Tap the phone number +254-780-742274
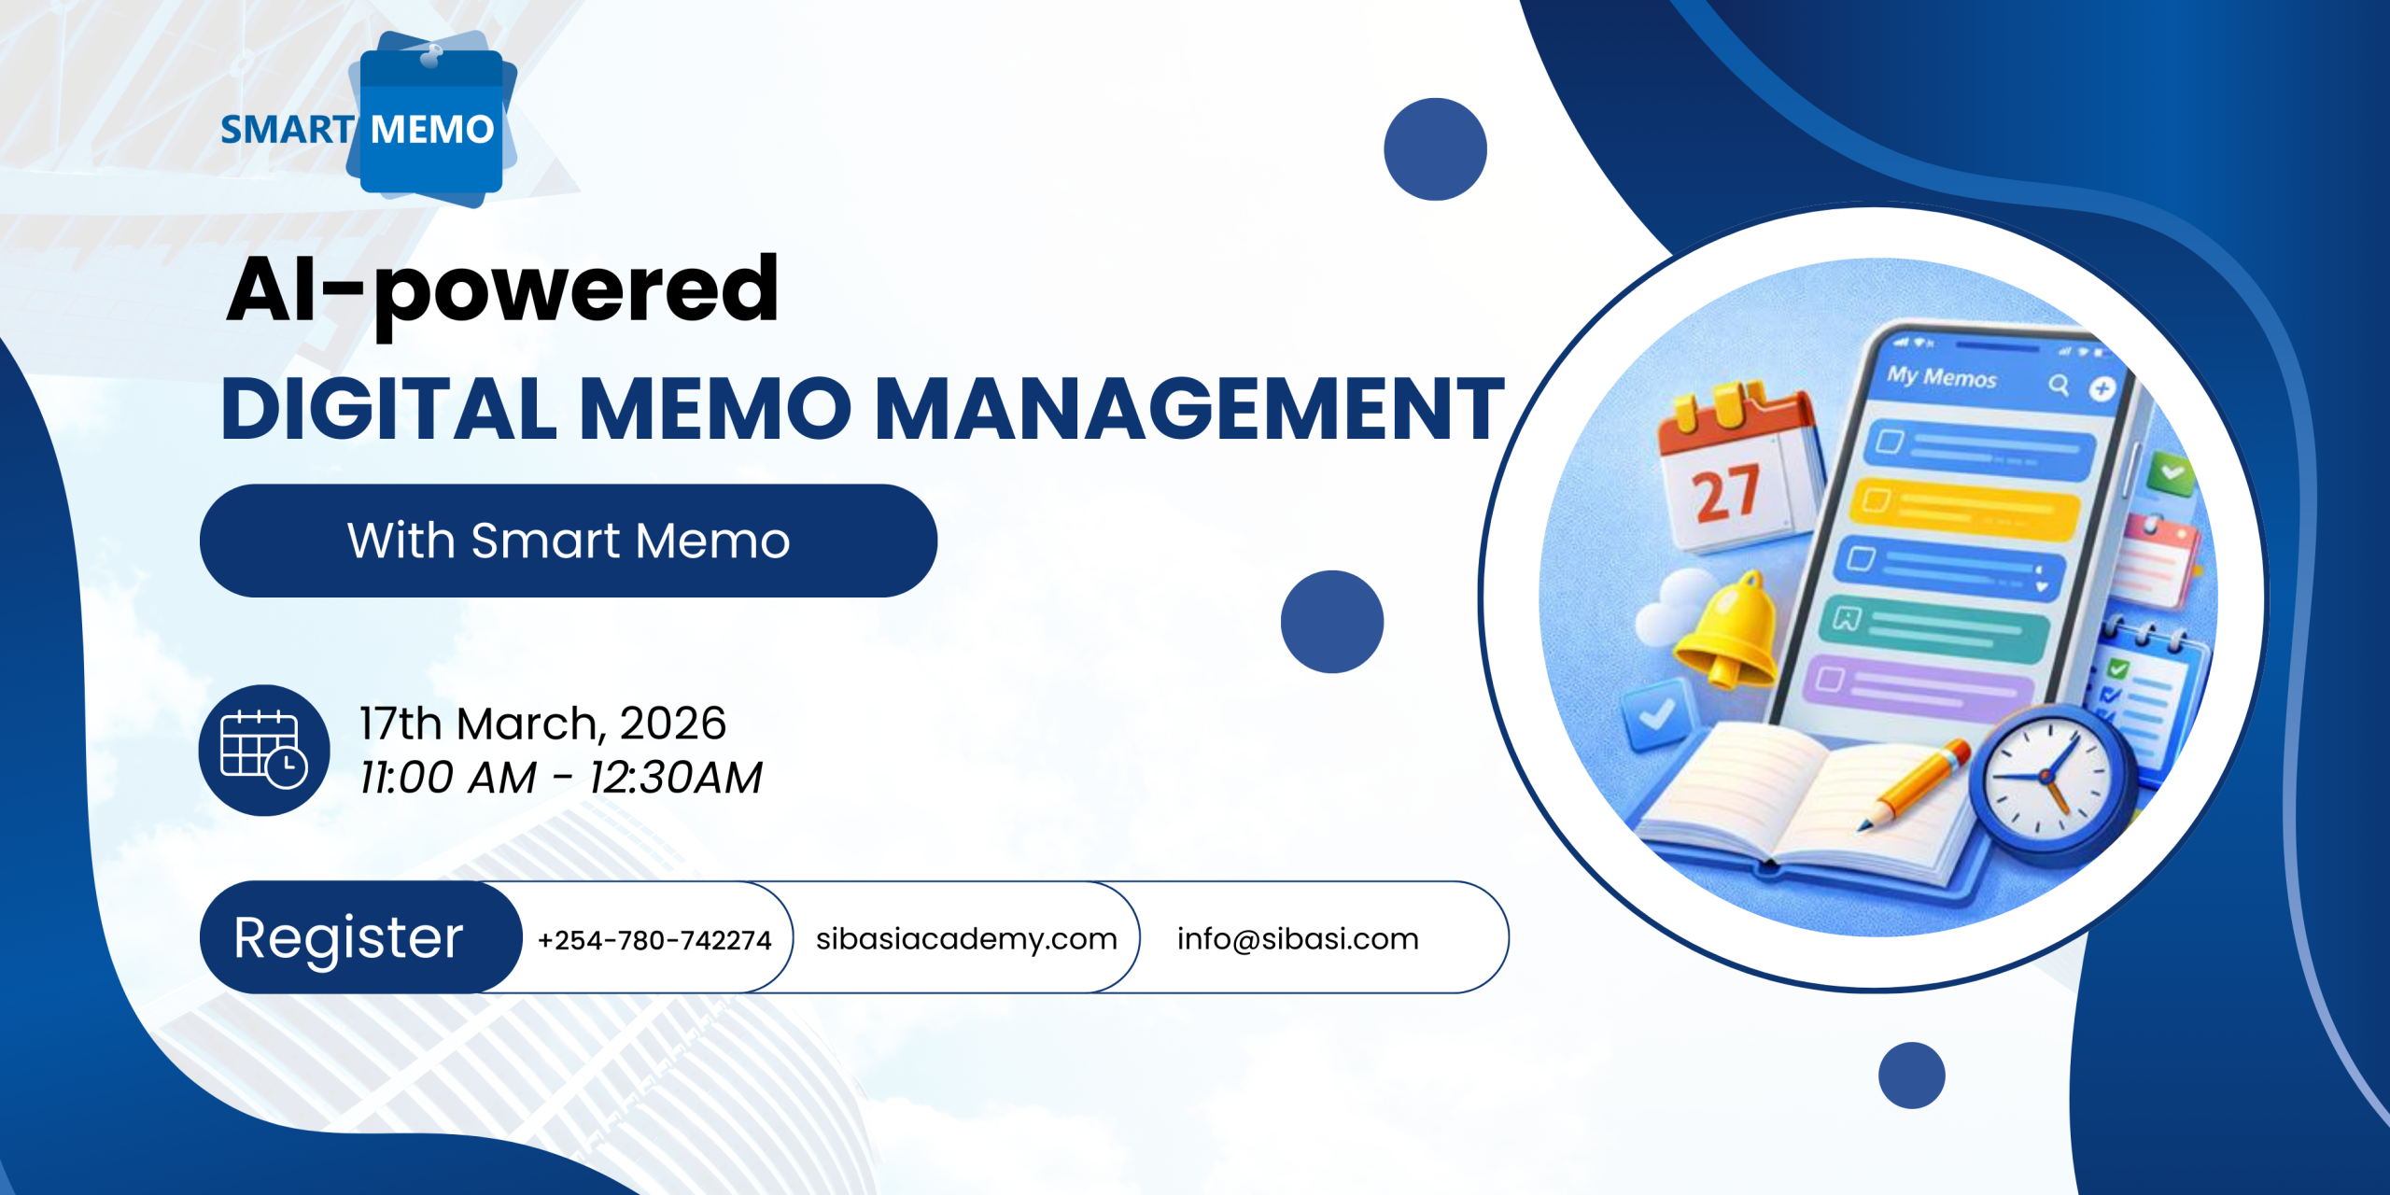pyautogui.click(x=654, y=939)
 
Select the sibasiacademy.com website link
pyautogui.click(x=966, y=939)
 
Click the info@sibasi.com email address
pyautogui.click(x=1298, y=938)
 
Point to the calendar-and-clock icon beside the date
pyautogui.click(x=264, y=750)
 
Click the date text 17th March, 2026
pyautogui.click(x=542, y=724)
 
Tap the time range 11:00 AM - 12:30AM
pyautogui.click(x=561, y=777)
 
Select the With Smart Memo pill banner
pyautogui.click(x=569, y=541)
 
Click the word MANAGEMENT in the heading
pyautogui.click(x=1189, y=408)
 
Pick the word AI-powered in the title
pyautogui.click(x=502, y=291)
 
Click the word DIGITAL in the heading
pyautogui.click(x=389, y=408)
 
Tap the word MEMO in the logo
pyautogui.click(x=432, y=130)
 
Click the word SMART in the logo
pyautogui.click(x=287, y=130)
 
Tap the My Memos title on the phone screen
pyautogui.click(x=1941, y=377)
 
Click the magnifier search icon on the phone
pyautogui.click(x=2059, y=385)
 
